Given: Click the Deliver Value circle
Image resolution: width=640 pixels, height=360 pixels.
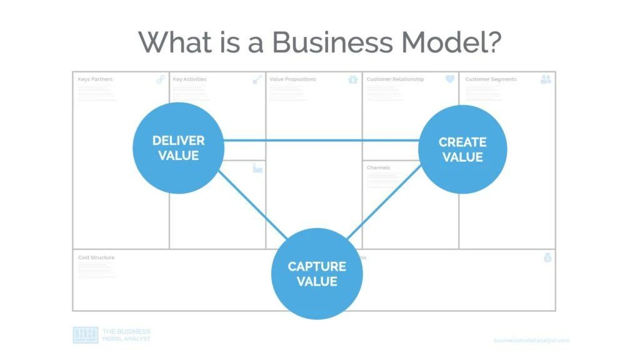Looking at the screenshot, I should pyautogui.click(x=178, y=148).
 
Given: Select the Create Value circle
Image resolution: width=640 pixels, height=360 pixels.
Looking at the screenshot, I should pyautogui.click(x=462, y=149).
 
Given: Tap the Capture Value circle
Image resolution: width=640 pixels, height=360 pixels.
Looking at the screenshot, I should pyautogui.click(x=317, y=274).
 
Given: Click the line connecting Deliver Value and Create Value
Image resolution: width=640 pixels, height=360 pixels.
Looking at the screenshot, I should pyautogui.click(x=321, y=141).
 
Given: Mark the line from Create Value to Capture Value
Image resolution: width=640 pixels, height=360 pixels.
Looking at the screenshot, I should pyautogui.click(x=382, y=205).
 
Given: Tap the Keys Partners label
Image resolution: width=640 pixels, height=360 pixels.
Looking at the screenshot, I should pyautogui.click(x=95, y=79).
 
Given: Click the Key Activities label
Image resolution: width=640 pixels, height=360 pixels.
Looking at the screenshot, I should pyautogui.click(x=189, y=79).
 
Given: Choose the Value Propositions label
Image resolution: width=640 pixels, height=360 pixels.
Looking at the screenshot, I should pyautogui.click(x=292, y=79).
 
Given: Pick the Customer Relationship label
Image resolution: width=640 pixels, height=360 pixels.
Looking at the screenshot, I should pyautogui.click(x=395, y=79).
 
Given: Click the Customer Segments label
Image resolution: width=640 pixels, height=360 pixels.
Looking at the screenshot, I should pyautogui.click(x=491, y=79).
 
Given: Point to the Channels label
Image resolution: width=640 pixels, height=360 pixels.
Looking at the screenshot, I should pyautogui.click(x=378, y=167).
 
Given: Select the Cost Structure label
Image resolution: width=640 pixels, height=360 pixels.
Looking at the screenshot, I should pyautogui.click(x=96, y=257).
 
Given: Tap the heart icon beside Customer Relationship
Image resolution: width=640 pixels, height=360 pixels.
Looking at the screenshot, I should pyautogui.click(x=450, y=79).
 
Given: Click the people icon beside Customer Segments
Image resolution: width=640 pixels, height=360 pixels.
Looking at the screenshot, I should pyautogui.click(x=546, y=79).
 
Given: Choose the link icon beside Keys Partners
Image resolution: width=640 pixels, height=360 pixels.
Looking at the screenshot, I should pyautogui.click(x=161, y=79).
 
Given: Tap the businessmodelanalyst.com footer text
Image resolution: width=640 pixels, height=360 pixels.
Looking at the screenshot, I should pyautogui.click(x=531, y=340).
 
